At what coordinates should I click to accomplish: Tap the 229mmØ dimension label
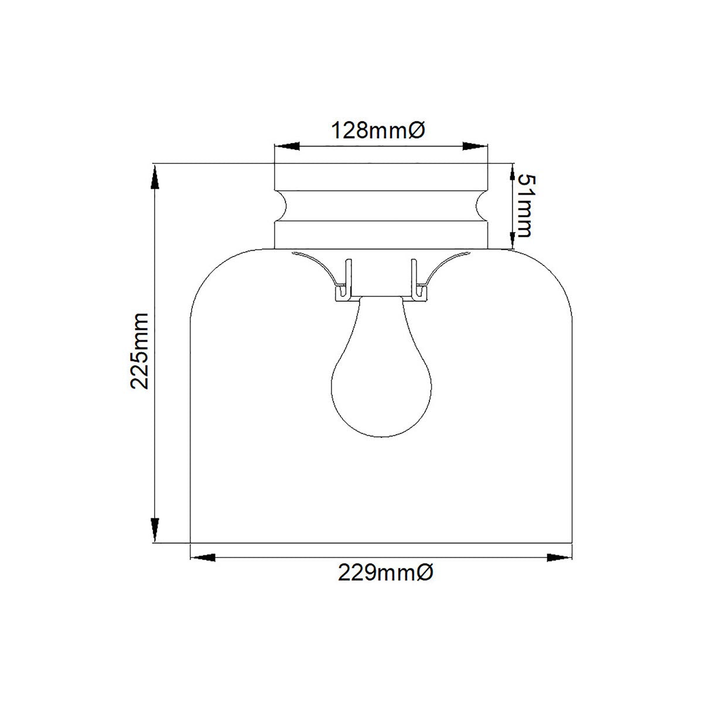385,572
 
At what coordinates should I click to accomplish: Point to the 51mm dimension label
521,205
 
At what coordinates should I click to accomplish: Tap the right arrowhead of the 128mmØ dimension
475,146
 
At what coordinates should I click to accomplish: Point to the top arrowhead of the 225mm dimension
155,176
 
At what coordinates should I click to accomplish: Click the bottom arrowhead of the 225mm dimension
155,530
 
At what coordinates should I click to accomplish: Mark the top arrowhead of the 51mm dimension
513,173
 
